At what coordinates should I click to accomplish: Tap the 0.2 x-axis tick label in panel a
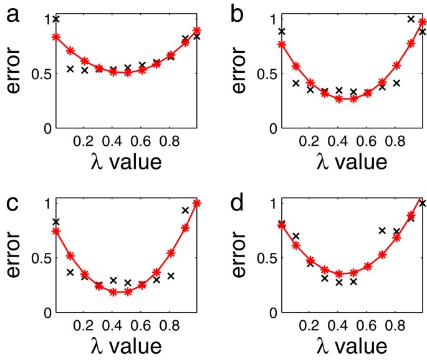click(82, 141)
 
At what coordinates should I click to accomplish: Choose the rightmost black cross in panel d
click(423, 204)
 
